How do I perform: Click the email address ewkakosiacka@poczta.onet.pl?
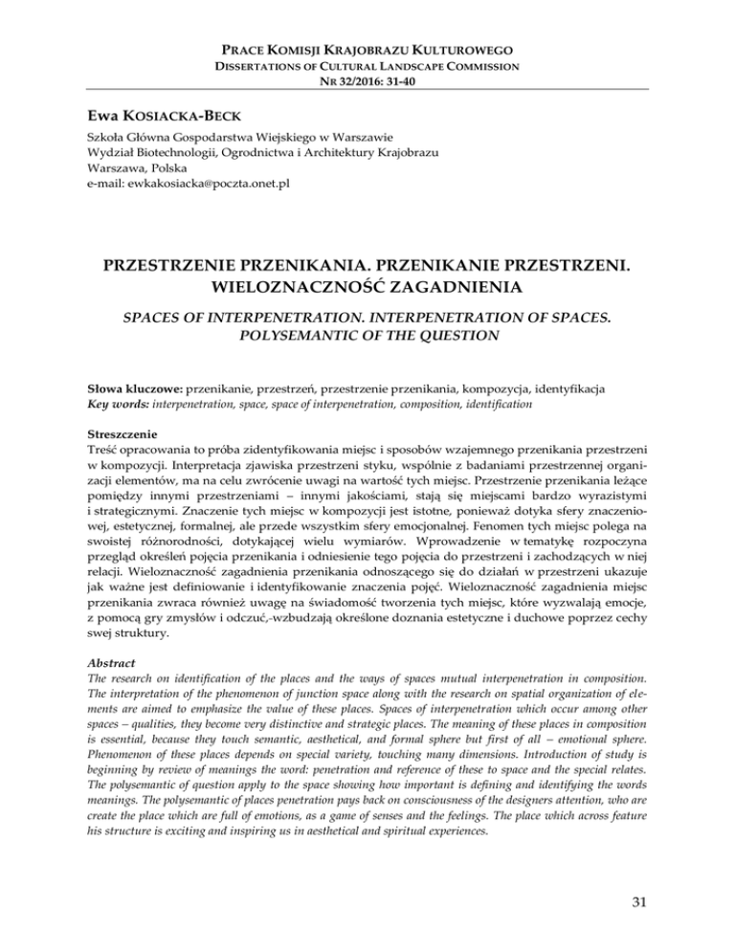pyautogui.click(x=176, y=182)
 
